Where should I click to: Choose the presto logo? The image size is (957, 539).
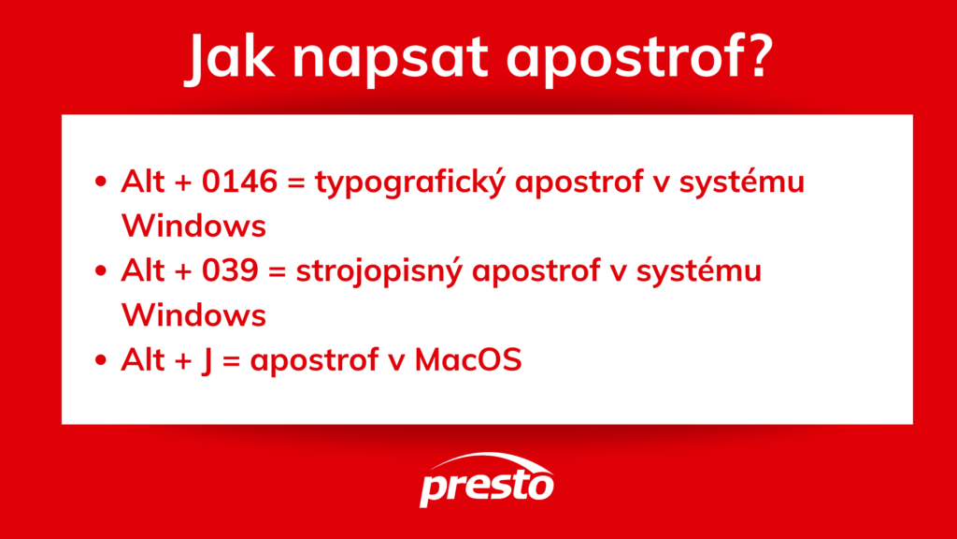pyautogui.click(x=487, y=479)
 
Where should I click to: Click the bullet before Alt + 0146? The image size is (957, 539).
pyautogui.click(x=101, y=183)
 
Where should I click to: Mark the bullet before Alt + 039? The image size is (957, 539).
pyautogui.click(x=101, y=272)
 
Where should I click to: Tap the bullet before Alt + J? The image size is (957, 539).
pyautogui.click(x=101, y=361)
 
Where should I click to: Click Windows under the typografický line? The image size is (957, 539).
pyautogui.click(x=193, y=226)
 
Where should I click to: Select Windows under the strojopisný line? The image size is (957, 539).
pyautogui.click(x=193, y=315)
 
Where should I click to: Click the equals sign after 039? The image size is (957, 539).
pyautogui.click(x=277, y=272)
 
